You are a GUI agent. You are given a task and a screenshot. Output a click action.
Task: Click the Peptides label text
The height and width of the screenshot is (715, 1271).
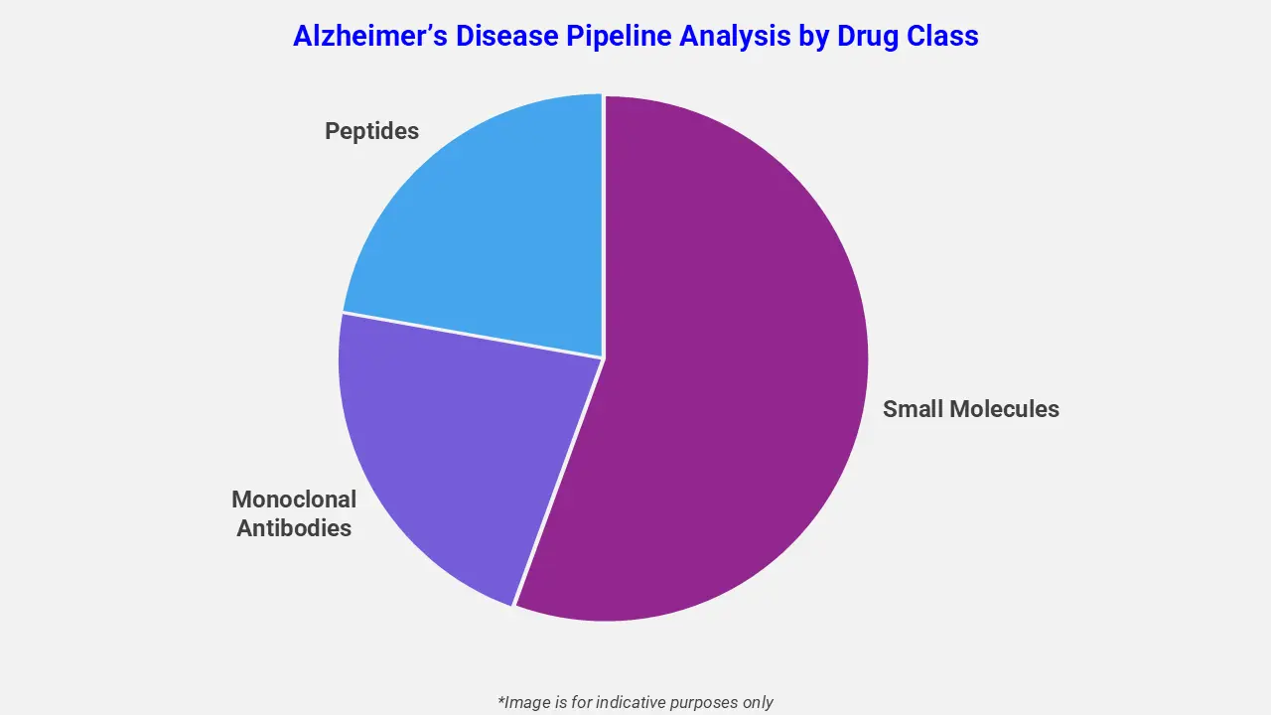(371, 131)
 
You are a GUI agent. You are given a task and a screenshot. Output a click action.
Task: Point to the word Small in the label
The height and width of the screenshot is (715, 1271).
(913, 408)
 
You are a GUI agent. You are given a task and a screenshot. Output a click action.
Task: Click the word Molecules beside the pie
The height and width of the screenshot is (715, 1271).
(1004, 408)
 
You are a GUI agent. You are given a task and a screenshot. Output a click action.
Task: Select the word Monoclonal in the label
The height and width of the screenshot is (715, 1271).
(294, 500)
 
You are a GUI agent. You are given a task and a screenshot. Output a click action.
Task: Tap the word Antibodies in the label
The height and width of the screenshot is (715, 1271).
(294, 528)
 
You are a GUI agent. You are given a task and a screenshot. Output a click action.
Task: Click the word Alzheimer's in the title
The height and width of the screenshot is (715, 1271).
(367, 36)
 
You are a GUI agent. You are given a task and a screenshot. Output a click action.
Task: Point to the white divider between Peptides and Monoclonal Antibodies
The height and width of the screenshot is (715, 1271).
(472, 335)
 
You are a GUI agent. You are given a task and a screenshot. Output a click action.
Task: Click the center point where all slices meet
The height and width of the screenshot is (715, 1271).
(603, 357)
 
